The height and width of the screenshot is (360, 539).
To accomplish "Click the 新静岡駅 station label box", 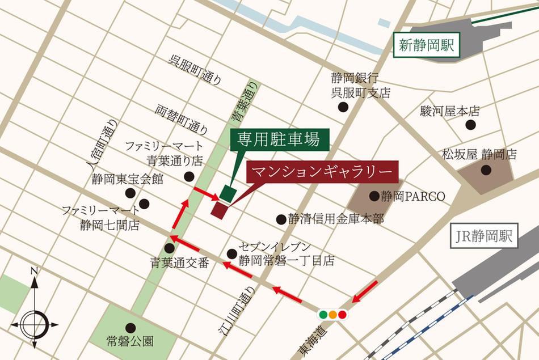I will pyautogui.click(x=426, y=46).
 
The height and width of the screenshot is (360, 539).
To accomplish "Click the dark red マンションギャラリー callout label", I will pyautogui.click(x=322, y=171).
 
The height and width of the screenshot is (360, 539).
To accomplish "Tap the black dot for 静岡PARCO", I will pyautogui.click(x=374, y=196).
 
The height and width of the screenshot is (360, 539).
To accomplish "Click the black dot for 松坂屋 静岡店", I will pyautogui.click(x=486, y=170).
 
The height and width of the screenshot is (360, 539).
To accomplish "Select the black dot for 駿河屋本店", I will pyautogui.click(x=470, y=125).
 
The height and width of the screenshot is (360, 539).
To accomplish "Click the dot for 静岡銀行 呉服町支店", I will pyautogui.click(x=343, y=107).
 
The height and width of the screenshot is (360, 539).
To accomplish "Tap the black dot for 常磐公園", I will pyautogui.click(x=131, y=327).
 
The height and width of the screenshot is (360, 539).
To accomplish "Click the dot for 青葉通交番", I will pyautogui.click(x=169, y=248).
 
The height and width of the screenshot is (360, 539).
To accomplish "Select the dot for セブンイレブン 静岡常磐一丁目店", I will pyautogui.click(x=231, y=254).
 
